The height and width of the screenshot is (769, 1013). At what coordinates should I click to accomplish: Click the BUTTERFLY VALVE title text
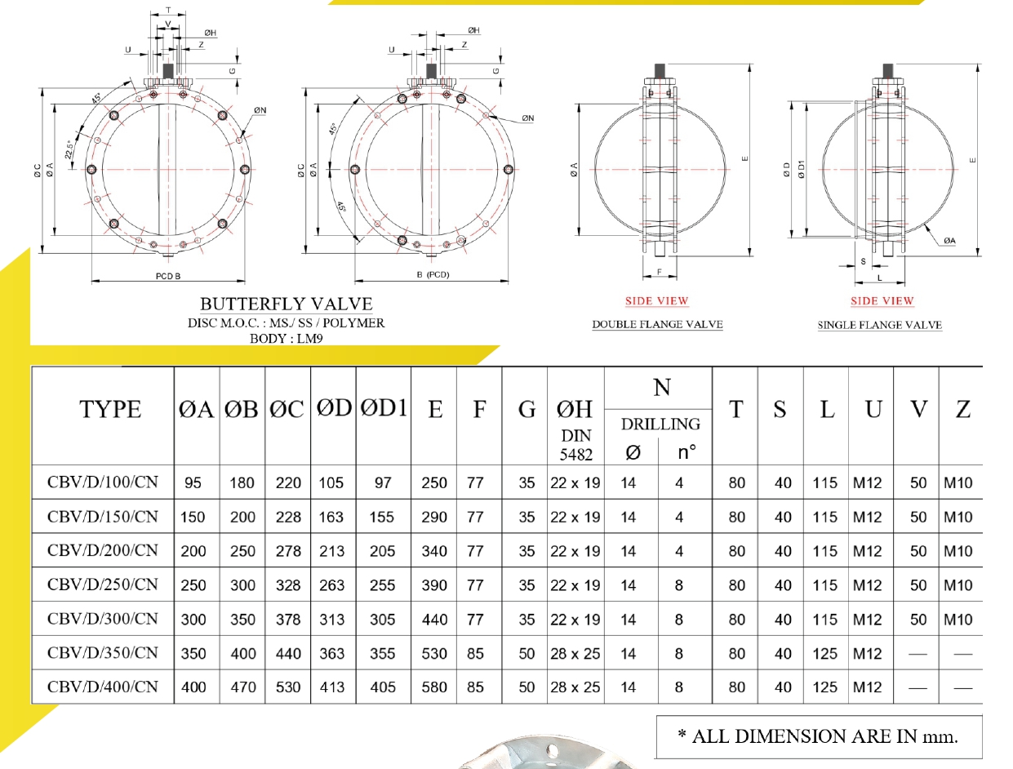tap(287, 304)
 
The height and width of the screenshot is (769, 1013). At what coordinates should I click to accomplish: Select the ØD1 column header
tap(383, 407)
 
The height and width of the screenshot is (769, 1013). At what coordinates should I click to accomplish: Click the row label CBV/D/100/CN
tap(103, 482)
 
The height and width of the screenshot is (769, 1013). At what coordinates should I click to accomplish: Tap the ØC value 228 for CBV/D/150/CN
tap(288, 517)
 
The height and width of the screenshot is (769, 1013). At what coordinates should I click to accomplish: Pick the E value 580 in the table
tap(433, 687)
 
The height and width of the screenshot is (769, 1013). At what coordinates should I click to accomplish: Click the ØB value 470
tap(242, 687)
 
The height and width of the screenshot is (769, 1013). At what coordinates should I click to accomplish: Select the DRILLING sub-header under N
tap(660, 424)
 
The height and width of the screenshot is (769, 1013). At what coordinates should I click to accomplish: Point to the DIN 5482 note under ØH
tap(575, 445)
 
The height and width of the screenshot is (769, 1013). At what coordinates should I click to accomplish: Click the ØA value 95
tap(193, 482)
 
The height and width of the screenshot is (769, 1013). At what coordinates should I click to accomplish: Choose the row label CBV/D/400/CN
tap(103, 687)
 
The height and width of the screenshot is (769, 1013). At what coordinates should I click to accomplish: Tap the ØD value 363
tap(331, 653)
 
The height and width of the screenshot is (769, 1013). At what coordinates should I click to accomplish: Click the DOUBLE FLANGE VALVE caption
tap(657, 324)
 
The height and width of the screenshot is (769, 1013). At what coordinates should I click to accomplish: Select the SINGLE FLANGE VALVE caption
tap(880, 325)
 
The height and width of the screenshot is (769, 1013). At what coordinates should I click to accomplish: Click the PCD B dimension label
tap(167, 276)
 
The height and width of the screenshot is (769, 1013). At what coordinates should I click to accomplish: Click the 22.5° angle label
tap(73, 149)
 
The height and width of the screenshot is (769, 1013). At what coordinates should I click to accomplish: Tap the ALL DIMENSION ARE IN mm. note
tap(818, 736)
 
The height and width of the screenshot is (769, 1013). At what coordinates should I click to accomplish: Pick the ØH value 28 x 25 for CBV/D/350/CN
tap(575, 653)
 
